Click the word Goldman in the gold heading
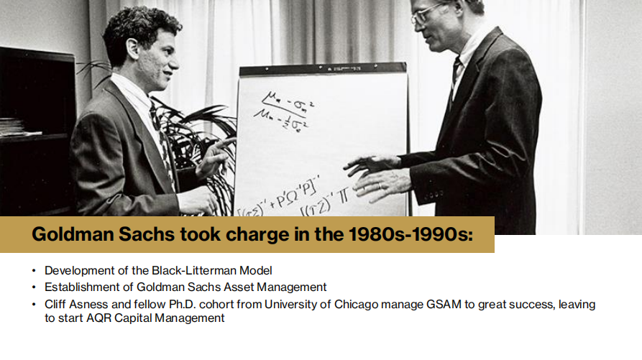[x=73, y=234]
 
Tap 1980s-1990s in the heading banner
[x=411, y=234]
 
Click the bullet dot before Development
[x=34, y=271]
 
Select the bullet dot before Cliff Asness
[x=34, y=305]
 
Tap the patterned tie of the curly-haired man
[x=163, y=143]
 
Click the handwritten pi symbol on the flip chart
[x=343, y=197]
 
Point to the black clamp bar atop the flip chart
[x=323, y=70]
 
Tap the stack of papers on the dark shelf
[x=17, y=126]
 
